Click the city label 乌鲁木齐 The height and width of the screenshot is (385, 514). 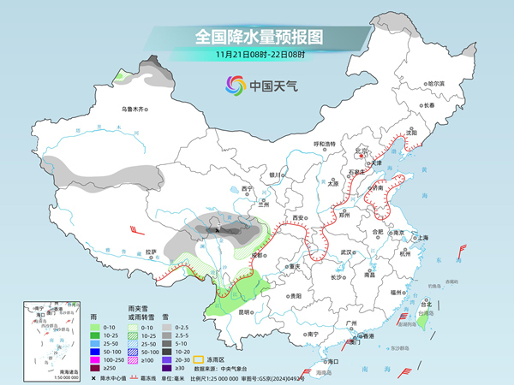click(x=134, y=109)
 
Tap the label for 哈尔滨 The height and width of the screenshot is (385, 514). click(x=437, y=84)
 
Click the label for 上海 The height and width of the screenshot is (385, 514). click(x=421, y=237)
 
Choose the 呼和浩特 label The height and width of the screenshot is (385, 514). click(x=326, y=144)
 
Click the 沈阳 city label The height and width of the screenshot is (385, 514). click(x=411, y=133)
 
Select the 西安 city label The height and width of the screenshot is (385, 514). click(x=298, y=218)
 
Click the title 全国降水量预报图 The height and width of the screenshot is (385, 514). click(x=256, y=37)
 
